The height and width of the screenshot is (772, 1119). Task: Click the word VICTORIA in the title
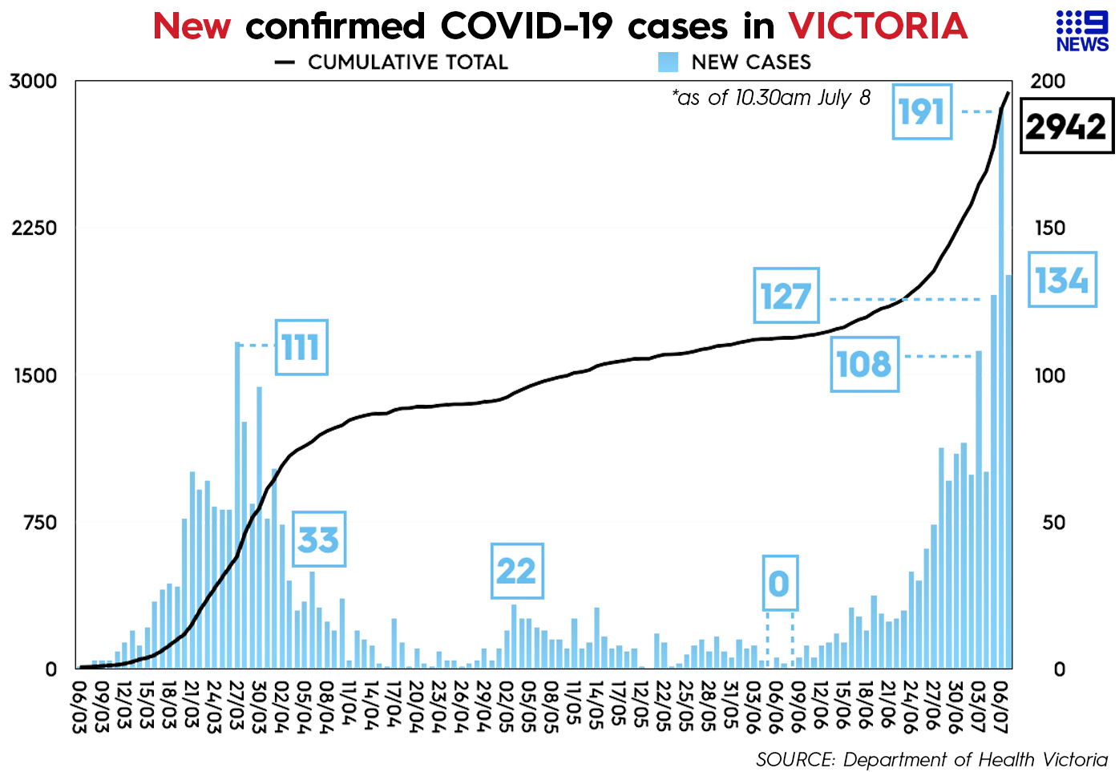(878, 26)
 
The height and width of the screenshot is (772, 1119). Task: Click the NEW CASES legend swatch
(668, 63)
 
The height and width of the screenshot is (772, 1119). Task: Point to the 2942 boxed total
(1065, 127)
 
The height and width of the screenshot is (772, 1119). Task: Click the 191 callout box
(922, 111)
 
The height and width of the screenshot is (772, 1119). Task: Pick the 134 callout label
(1061, 280)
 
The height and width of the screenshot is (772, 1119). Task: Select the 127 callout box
(786, 296)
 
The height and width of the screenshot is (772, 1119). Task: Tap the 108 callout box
(863, 365)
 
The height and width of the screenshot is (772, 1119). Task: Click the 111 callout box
(301, 347)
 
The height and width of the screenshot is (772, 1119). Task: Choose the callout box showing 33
(318, 540)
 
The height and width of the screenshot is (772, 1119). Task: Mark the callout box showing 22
(516, 571)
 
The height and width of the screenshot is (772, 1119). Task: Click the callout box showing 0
(779, 583)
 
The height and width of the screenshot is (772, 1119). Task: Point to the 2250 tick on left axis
(34, 228)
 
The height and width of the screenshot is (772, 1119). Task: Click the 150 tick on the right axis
(1049, 228)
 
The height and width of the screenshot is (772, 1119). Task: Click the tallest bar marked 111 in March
(237, 505)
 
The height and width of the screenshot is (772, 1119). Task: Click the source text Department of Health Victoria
(975, 759)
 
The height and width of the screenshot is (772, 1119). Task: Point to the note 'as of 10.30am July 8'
(771, 98)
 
